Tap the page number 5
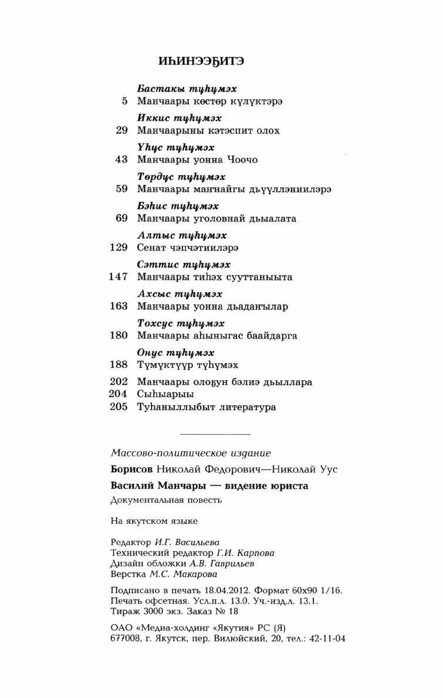(x=124, y=101)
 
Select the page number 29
(x=121, y=130)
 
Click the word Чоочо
(x=241, y=160)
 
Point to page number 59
(x=121, y=189)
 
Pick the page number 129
(x=119, y=248)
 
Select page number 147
(x=119, y=277)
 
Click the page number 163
(x=119, y=306)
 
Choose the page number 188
(x=119, y=364)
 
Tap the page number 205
(x=119, y=407)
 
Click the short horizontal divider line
(x=214, y=433)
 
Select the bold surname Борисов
(x=131, y=469)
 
